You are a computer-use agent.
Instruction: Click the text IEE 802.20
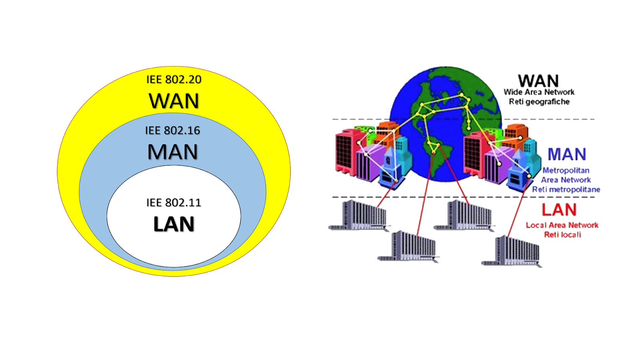point(174,80)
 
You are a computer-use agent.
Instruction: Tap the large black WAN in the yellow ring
point(174,101)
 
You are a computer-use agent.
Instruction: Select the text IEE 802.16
point(172,130)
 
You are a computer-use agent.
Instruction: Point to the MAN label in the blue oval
point(172,152)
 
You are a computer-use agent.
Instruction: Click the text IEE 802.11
point(174,203)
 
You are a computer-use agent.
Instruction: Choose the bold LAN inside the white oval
point(174,224)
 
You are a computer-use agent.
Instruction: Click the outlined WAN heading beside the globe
point(538,81)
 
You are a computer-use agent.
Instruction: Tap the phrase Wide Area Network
point(539,92)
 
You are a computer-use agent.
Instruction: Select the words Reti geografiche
point(539,102)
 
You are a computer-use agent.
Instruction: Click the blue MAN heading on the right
point(567,154)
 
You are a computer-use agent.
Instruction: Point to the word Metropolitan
point(566,170)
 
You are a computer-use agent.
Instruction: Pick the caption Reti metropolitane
point(566,190)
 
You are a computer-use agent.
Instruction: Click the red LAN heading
point(559,210)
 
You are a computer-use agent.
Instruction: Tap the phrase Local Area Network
point(562,225)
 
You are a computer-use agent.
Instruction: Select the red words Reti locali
point(562,235)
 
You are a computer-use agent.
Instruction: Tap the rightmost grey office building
point(514,251)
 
